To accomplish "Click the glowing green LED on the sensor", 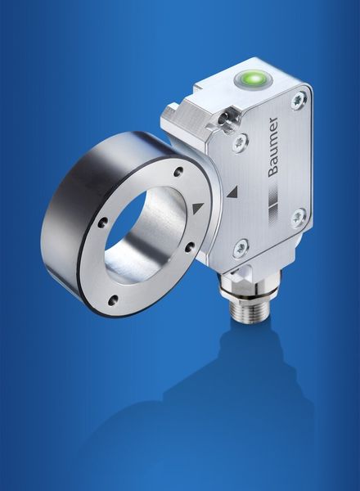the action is point(254,78).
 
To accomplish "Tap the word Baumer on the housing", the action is point(273,146).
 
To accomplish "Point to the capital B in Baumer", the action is point(274,170).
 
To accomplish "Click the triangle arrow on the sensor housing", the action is point(232,192).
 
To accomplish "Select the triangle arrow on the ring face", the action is point(199,209).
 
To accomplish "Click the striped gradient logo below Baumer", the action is point(273,204).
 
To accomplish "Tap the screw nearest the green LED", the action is point(299,100).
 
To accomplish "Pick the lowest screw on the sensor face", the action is point(240,248).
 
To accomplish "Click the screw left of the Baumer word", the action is point(241,142).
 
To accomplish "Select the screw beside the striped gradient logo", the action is point(298,218).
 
